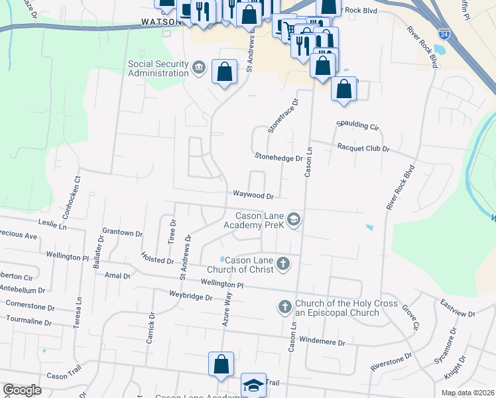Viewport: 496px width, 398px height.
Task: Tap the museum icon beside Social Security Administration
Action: click(198, 68)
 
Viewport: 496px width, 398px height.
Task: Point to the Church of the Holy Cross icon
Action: click(284, 306)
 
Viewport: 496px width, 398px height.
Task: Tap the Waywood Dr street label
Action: click(253, 196)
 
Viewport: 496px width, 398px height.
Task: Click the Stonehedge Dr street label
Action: click(279, 157)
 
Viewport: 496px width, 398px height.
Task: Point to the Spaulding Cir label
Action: click(357, 125)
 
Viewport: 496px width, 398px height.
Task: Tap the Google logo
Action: click(23, 390)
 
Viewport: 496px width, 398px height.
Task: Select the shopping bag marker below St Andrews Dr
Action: click(221, 364)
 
